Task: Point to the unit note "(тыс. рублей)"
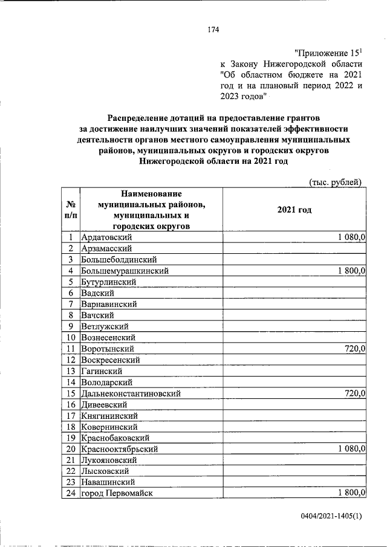click(x=336, y=180)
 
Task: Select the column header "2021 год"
click(x=294, y=209)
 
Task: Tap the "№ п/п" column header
click(x=71, y=209)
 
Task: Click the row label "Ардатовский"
click(x=106, y=238)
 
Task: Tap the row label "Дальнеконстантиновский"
click(x=131, y=393)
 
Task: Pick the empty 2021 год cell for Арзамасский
click(x=294, y=248)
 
